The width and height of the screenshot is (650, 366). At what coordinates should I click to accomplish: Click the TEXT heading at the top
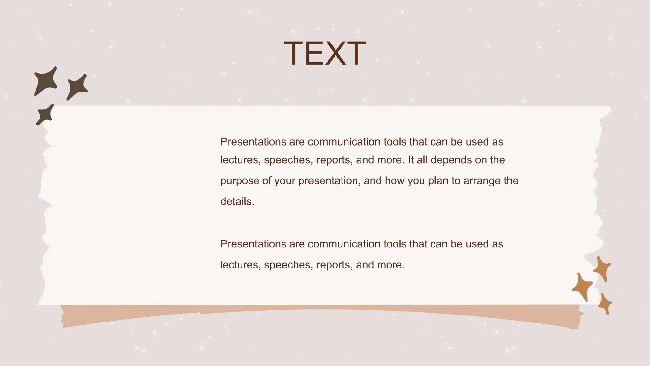coord(325,54)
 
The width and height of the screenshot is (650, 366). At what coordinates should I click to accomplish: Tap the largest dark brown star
coord(46,82)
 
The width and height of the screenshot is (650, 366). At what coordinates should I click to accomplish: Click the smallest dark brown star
coord(45,115)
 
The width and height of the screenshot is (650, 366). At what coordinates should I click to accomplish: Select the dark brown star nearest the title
coord(77,87)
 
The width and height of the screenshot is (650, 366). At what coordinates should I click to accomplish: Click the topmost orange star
coord(602,269)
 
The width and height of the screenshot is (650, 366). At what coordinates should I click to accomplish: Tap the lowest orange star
coord(605,304)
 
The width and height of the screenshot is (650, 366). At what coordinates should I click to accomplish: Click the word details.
coord(237,201)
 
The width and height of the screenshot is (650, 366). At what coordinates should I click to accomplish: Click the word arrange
coord(482,181)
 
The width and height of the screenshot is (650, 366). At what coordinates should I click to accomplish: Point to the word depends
coord(451,160)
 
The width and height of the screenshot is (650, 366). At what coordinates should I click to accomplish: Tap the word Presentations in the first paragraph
coord(253,142)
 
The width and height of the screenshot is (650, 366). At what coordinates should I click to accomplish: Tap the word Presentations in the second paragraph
coord(253,244)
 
